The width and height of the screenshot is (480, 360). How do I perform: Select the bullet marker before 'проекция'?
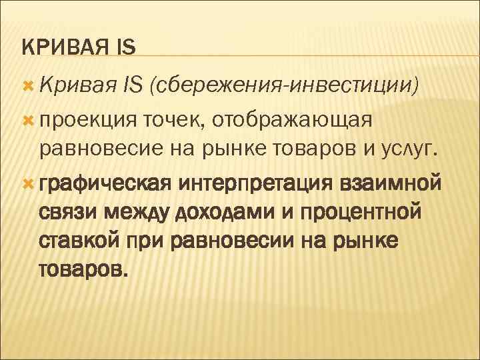(27, 119)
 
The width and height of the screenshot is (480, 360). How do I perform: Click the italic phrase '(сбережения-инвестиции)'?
(284, 85)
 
